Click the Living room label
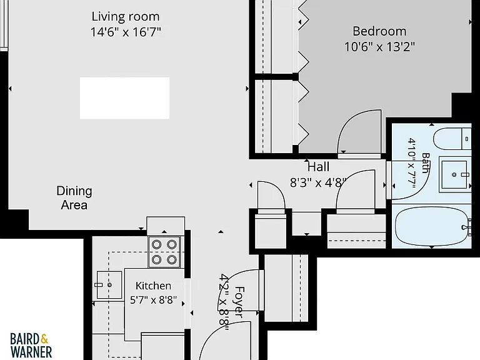(126, 17)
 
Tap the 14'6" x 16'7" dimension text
(126, 32)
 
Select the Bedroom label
(379, 31)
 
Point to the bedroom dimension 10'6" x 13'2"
(379, 47)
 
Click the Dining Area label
(74, 197)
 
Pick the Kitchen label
(153, 286)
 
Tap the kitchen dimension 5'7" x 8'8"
(153, 300)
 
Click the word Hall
(318, 167)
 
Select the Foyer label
(239, 302)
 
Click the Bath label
(425, 163)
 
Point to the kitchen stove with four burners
(164, 252)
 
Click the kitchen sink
(109, 285)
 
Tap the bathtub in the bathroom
(432, 226)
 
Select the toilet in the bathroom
(452, 139)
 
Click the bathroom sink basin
(454, 174)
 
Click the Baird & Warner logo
(31, 345)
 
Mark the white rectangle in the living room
(124, 98)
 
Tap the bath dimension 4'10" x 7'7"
(412, 163)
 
